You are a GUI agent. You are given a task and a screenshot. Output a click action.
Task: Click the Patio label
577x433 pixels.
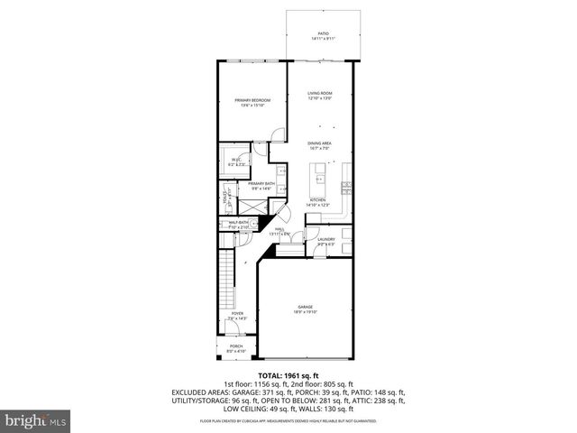point(322,35)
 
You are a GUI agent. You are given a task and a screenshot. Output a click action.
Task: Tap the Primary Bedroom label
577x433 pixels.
point(252,102)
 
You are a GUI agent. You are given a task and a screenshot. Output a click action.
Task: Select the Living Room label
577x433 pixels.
point(321,95)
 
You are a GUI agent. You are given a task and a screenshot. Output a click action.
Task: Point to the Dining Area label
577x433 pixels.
point(321,143)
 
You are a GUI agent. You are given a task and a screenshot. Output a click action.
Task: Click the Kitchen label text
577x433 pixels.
point(317,202)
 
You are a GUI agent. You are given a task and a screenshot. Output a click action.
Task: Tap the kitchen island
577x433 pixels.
point(319,171)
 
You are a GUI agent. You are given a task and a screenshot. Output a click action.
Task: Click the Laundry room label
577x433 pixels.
point(326,241)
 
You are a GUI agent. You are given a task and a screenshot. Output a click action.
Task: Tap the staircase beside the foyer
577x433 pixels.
point(227,280)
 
